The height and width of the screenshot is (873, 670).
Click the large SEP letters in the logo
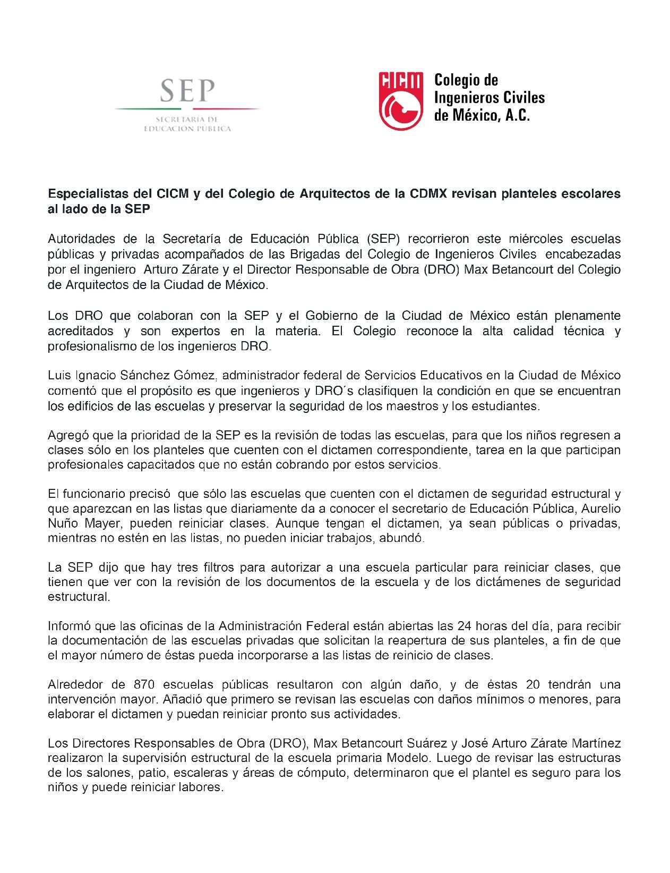click(x=187, y=91)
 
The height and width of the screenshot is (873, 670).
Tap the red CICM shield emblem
click(x=400, y=101)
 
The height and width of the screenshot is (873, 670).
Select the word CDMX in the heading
click(x=428, y=194)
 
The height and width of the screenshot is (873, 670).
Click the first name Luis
click(x=59, y=376)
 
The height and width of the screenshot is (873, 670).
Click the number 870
click(x=144, y=684)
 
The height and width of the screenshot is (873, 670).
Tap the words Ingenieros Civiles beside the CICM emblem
click(x=489, y=98)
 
